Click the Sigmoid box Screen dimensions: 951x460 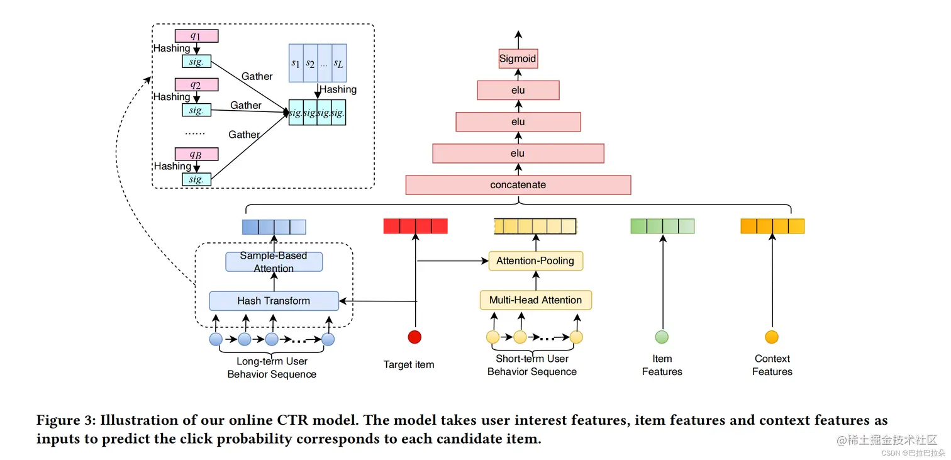(518, 59)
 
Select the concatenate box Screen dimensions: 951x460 (518, 185)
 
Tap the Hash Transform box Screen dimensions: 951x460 (274, 301)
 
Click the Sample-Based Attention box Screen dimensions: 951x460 (274, 262)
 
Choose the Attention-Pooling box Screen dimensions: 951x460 (535, 261)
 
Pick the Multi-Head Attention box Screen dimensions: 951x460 (535, 300)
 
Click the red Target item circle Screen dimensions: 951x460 (414, 337)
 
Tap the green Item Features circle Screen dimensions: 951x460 (662, 337)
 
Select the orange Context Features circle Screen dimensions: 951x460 (771, 337)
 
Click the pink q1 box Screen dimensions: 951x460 (197, 36)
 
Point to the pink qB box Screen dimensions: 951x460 (197, 154)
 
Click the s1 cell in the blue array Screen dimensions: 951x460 (296, 63)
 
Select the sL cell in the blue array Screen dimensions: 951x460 (339, 63)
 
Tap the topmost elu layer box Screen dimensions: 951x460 (518, 90)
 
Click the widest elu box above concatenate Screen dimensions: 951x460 (518, 154)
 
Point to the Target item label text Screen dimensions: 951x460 (409, 364)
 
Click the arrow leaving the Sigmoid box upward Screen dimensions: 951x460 (518, 40)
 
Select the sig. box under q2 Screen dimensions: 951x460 (197, 110)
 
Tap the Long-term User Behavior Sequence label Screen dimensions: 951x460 (272, 368)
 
